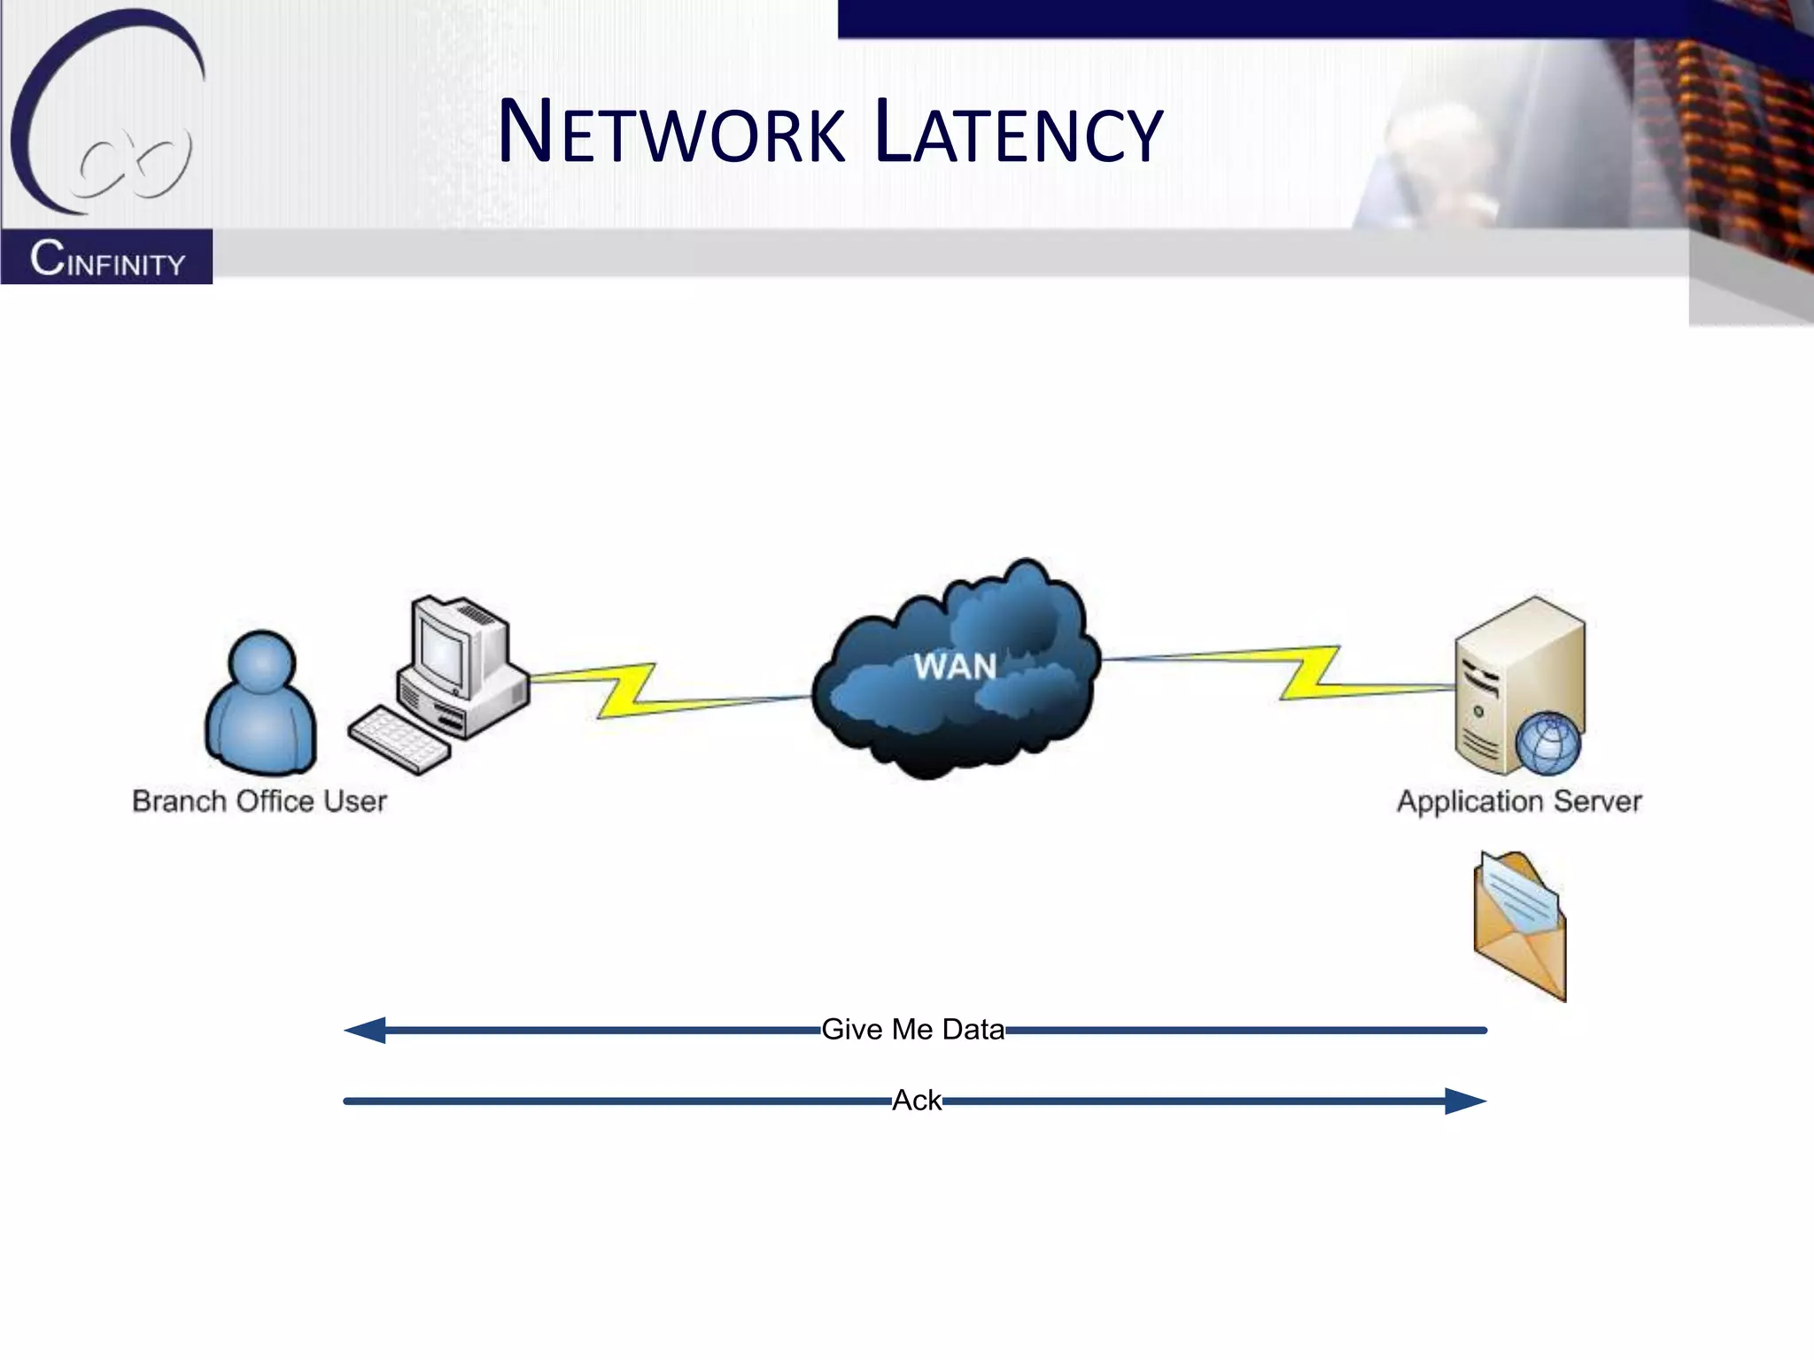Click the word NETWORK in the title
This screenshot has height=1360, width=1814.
671,133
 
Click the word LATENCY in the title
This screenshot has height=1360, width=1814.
1018,133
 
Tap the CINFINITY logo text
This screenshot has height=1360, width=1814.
107,259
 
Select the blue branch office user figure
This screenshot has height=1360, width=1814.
260,704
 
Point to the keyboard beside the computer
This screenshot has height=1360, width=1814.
399,738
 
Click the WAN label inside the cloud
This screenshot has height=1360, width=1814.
955,667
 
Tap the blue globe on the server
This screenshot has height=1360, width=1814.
1547,744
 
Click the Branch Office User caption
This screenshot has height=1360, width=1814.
260,801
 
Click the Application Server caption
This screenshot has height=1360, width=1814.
1518,801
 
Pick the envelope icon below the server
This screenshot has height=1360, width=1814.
1519,925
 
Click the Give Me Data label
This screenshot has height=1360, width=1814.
912,1030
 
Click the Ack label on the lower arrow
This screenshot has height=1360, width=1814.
916,1101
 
